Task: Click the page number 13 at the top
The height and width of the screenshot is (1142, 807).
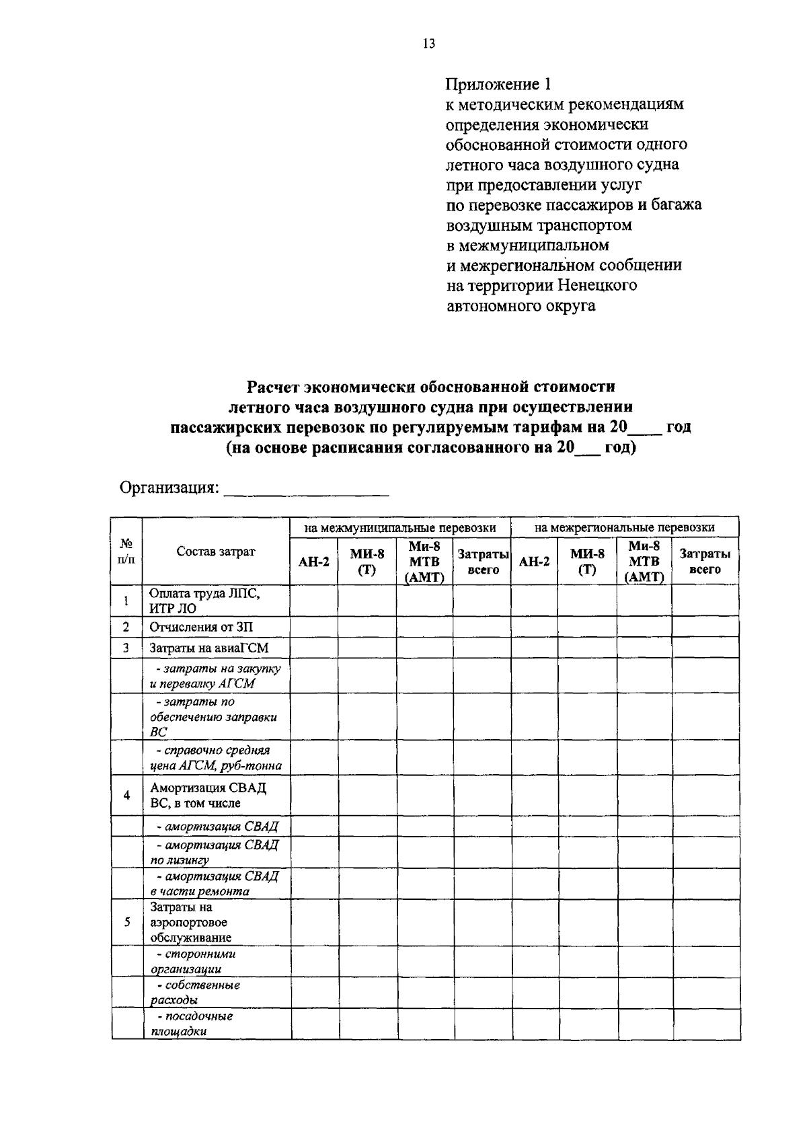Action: click(x=429, y=44)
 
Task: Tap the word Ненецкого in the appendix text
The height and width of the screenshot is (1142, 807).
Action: click(x=597, y=285)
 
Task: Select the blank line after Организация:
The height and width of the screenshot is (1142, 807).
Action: click(x=306, y=490)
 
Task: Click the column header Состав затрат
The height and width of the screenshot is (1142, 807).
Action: click(x=216, y=551)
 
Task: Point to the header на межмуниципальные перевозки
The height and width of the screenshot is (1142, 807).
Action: click(x=400, y=528)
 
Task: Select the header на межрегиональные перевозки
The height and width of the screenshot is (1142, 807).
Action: click(x=624, y=528)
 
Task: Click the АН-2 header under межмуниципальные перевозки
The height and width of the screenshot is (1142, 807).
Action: click(x=313, y=562)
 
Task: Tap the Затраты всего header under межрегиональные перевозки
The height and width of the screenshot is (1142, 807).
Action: click(x=705, y=562)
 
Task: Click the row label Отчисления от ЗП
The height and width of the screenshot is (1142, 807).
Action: click(x=201, y=627)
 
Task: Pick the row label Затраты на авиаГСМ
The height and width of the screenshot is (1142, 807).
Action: click(x=208, y=648)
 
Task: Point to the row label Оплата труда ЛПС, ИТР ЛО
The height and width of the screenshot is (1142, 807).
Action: click(x=204, y=601)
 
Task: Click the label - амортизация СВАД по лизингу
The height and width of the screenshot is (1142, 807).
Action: click(x=213, y=852)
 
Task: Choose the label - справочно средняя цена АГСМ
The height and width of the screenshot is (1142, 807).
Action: click(x=215, y=757)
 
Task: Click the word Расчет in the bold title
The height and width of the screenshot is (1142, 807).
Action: click(x=272, y=387)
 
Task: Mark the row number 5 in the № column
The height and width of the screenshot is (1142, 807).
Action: click(x=127, y=922)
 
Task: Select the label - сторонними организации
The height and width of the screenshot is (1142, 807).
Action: click(x=192, y=962)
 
